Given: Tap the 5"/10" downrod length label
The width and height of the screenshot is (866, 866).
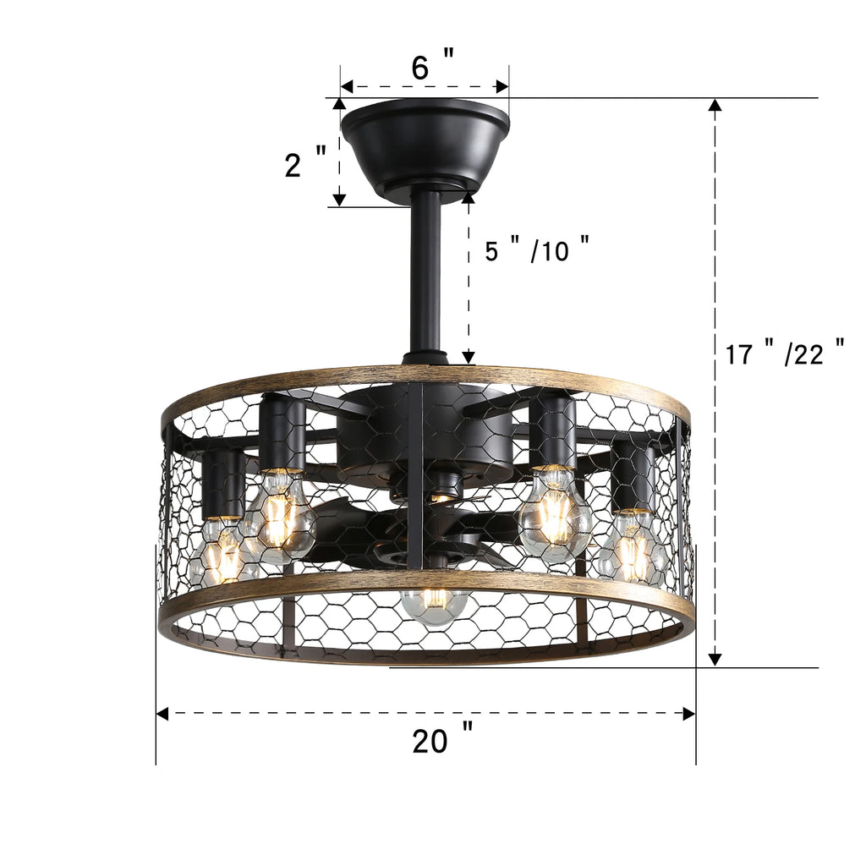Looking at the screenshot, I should point(536,250).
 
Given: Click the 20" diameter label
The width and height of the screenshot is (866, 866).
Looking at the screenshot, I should point(442,741).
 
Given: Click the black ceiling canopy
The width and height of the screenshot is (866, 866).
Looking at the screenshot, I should point(425,144).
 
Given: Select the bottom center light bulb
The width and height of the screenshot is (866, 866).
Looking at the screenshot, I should point(434,601).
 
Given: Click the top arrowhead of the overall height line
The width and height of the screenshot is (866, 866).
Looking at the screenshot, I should point(715,106).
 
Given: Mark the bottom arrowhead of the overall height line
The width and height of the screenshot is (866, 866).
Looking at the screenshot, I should point(715,658).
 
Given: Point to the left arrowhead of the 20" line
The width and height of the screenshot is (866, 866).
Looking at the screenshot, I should point(163,714).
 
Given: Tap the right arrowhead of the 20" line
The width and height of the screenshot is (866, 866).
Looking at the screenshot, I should point(688,714).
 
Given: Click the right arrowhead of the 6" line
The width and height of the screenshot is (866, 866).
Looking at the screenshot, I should point(502,86).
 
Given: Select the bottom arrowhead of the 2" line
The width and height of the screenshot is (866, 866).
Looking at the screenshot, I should point(339,200).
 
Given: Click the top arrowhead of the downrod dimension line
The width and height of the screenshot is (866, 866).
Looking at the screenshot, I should point(468,197).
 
